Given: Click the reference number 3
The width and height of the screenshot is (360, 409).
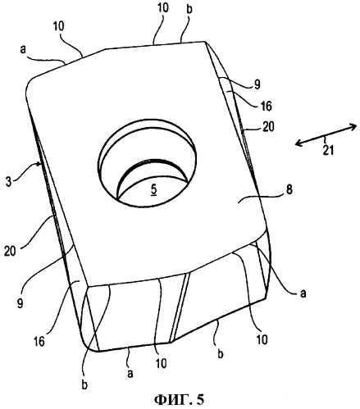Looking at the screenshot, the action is tap(9, 182).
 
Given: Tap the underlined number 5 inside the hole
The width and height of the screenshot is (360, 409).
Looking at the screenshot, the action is tap(154, 190).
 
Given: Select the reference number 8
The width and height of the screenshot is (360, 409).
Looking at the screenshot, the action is tap(289, 189).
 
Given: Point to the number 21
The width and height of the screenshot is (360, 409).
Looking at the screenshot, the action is tap(328, 150).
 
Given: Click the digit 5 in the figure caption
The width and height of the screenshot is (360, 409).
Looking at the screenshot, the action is tap(200, 400).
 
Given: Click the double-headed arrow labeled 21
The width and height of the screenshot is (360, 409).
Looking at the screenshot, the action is tap(326, 134).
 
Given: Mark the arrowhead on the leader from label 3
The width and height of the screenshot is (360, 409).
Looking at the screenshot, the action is tap(40, 164).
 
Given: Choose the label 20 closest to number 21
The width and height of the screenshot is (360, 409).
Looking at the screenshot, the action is tap(268, 126).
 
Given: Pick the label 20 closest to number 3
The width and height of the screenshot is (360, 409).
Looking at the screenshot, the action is tap(10, 251).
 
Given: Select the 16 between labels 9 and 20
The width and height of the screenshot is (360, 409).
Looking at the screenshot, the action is tap(266, 106).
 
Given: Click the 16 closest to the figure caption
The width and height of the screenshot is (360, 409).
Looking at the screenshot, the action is tap(39, 342).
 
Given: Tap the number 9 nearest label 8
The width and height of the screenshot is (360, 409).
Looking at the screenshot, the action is tap(257, 85).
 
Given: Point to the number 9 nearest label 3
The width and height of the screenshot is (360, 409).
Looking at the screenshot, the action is tap(20, 303).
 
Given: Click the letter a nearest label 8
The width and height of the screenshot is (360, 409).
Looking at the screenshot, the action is tap(303, 293).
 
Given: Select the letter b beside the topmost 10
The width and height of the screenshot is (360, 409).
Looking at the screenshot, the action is tap(189, 9).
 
